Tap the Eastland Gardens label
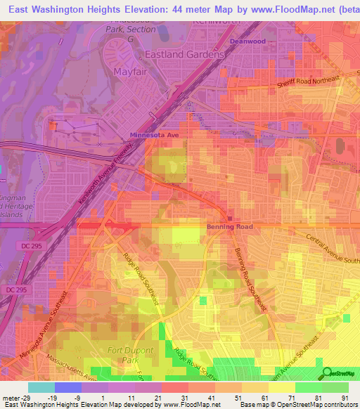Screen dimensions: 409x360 (184, 54)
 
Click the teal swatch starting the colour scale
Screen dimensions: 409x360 (41, 387)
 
